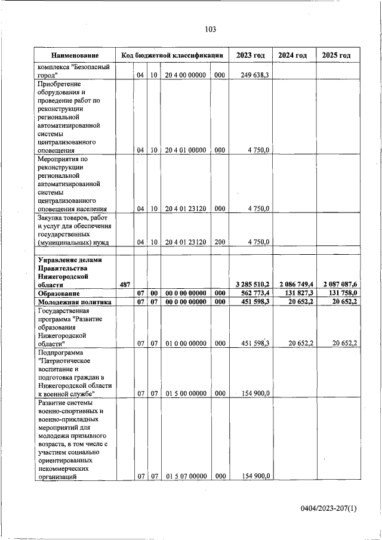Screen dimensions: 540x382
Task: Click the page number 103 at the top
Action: pyautogui.click(x=210, y=29)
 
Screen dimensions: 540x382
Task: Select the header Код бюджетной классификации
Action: pyautogui.click(x=172, y=55)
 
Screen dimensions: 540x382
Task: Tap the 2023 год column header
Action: pyautogui.click(x=250, y=55)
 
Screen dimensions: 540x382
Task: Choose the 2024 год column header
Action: pyautogui.click(x=292, y=55)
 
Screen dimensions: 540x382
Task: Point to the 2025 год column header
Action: pyautogui.click(x=336, y=55)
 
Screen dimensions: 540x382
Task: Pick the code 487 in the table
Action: pyautogui.click(x=125, y=285)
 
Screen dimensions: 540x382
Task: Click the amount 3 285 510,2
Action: pyautogui.click(x=249, y=285)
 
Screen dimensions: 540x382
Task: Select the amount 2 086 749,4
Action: pyautogui.click(x=292, y=285)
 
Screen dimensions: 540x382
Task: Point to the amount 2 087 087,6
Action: pyautogui.click(x=336, y=285)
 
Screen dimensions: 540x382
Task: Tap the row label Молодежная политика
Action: pyautogui.click(x=75, y=302)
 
